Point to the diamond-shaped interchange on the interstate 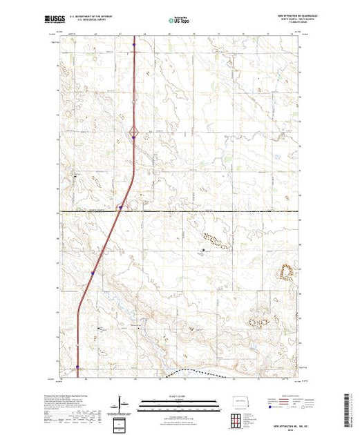[133, 130]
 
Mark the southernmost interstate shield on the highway [77, 367]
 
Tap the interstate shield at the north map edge [133, 46]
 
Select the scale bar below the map [179, 402]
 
